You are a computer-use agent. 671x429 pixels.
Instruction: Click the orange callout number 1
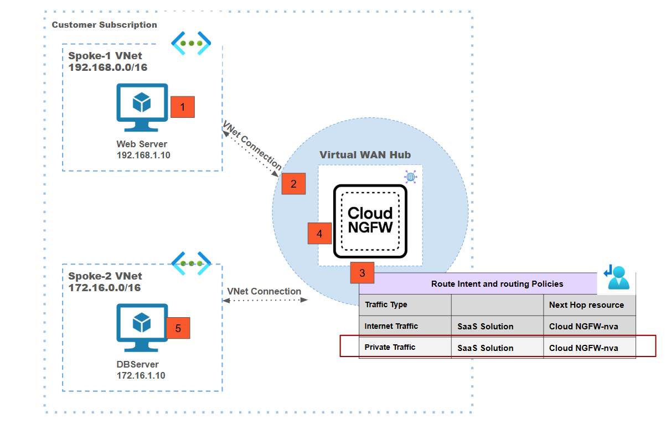point(183,106)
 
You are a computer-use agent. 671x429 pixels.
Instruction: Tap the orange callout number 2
point(293,183)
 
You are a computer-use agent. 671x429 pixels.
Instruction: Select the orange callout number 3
point(362,273)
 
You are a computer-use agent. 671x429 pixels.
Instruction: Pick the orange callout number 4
point(319,234)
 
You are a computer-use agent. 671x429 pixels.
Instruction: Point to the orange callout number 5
point(178,328)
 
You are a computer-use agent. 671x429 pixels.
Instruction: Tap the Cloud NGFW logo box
point(370,221)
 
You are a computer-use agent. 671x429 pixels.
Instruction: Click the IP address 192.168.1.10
point(143,155)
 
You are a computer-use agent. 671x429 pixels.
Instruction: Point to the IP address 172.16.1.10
point(141,375)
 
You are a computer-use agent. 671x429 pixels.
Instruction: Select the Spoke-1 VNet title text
point(105,56)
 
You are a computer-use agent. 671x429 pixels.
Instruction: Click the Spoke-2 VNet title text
point(105,276)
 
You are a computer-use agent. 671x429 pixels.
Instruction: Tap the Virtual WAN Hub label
point(365,154)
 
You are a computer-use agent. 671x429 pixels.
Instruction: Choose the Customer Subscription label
point(104,25)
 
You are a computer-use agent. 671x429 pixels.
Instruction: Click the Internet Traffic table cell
point(391,326)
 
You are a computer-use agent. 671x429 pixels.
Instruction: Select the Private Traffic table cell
point(390,348)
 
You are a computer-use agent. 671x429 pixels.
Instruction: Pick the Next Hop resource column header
point(586,305)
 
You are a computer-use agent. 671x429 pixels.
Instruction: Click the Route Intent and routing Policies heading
point(497,284)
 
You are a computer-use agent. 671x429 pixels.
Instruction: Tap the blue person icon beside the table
point(618,277)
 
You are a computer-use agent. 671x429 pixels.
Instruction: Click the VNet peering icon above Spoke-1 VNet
point(192,43)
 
